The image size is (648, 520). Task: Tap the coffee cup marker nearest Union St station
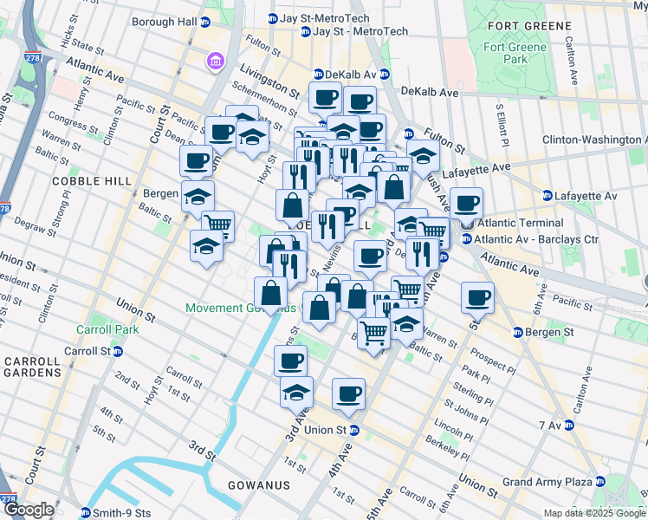(x=348, y=393)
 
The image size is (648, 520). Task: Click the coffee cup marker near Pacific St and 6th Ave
(x=477, y=298)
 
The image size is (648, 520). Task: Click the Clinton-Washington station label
(x=594, y=140)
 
